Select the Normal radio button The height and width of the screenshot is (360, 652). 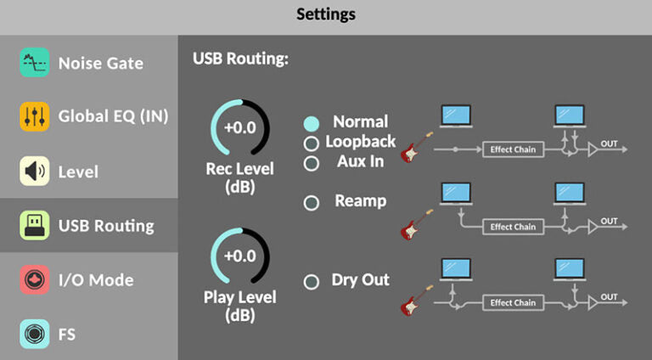tap(312, 123)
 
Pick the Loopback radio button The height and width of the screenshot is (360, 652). tap(312, 143)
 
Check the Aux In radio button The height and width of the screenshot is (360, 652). tap(312, 162)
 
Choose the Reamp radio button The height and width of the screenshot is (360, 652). tap(312, 202)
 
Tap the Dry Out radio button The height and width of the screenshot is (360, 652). tap(312, 281)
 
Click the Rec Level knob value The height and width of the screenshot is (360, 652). tap(239, 129)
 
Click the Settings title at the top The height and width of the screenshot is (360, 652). tap(326, 14)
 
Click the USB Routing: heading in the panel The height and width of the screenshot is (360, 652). tap(240, 59)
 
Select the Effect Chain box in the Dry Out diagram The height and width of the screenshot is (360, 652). tap(513, 302)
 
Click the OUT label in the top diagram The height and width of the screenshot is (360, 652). tap(609, 144)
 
